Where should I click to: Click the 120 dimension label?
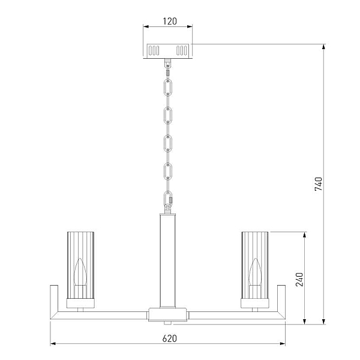click(x=170, y=21)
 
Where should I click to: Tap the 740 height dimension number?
click(x=319, y=184)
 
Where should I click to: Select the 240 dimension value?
click(x=299, y=280)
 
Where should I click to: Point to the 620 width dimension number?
click(x=170, y=338)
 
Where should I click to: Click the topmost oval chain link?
click(x=168, y=87)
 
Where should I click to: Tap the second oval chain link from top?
click(x=168, y=115)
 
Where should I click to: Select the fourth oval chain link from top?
click(x=168, y=171)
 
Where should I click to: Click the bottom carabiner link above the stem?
click(x=168, y=199)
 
